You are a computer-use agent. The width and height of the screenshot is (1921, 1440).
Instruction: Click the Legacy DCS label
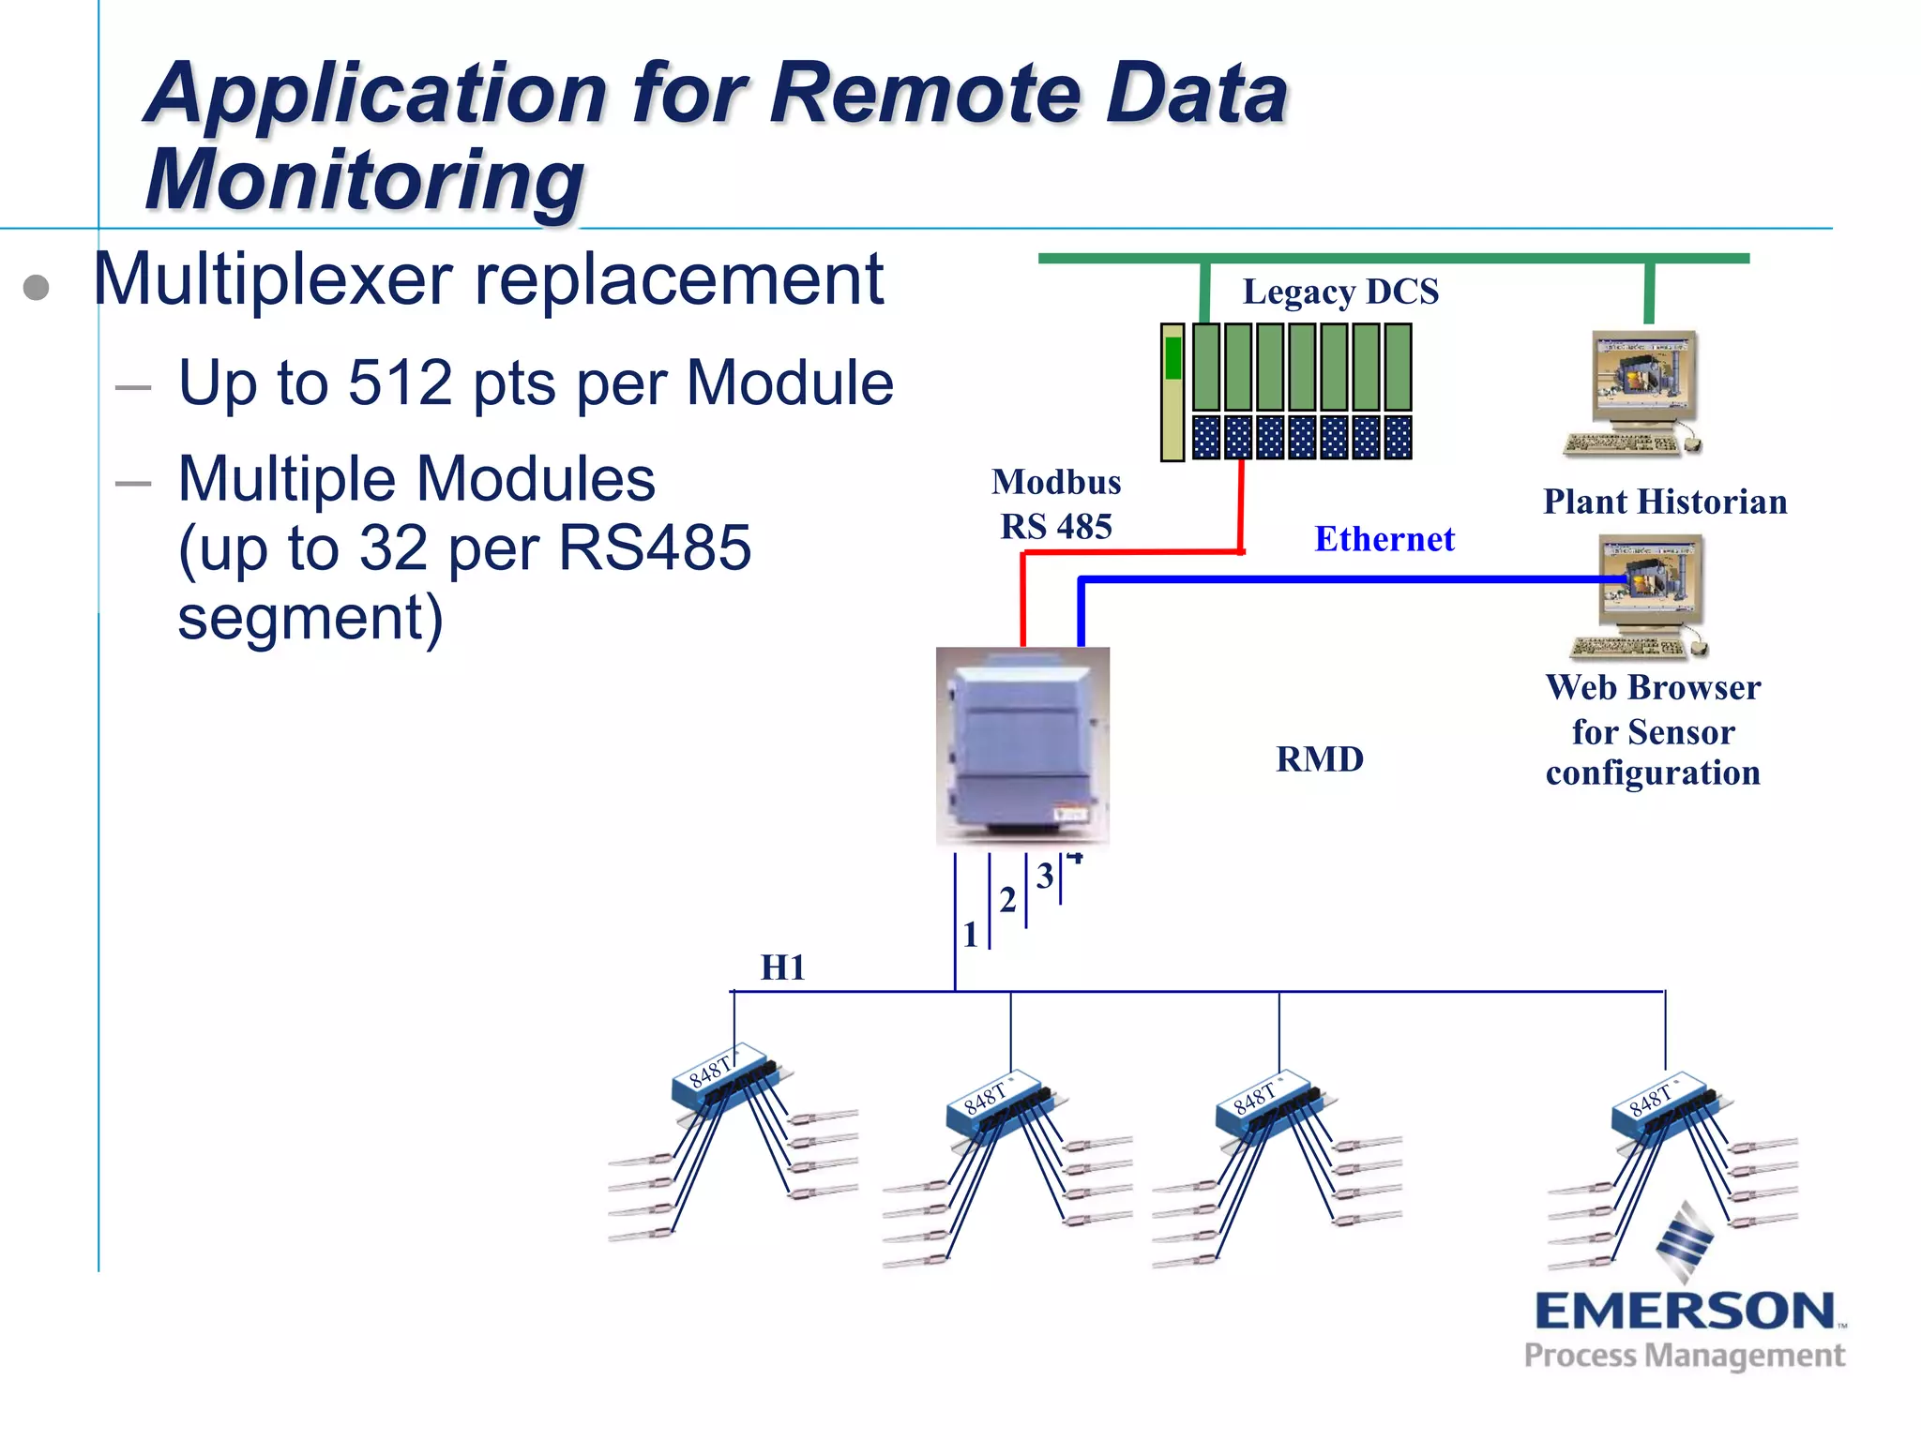1339,292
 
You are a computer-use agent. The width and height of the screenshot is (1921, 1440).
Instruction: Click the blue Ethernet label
1384,539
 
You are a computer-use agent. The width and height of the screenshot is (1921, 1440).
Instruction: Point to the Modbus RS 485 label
1056,504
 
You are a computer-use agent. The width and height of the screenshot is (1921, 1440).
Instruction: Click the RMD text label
1319,758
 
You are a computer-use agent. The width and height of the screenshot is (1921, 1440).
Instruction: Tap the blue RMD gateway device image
1022,745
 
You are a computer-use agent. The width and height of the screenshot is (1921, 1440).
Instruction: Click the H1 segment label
782,967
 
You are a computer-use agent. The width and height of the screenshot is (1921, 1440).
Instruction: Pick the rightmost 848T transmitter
1665,1106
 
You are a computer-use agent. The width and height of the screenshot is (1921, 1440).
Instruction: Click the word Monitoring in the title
365,180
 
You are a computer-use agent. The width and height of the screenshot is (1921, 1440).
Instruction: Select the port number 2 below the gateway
1007,900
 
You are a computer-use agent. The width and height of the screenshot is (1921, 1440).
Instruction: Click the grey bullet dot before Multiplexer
36,287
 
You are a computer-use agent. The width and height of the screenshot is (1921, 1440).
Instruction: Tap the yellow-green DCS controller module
1172,392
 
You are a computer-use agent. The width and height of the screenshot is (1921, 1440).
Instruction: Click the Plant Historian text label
1664,502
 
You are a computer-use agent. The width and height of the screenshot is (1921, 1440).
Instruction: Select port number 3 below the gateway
1044,876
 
